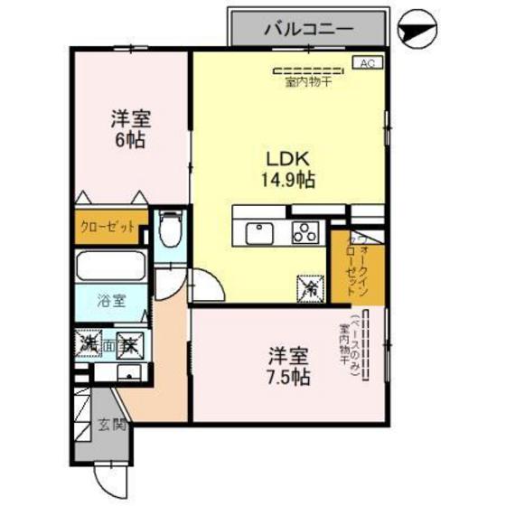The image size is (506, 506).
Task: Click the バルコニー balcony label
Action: pos(308,28)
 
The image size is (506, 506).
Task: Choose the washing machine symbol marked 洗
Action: pos(88,343)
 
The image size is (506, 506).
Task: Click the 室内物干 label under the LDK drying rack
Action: pos(310,83)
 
